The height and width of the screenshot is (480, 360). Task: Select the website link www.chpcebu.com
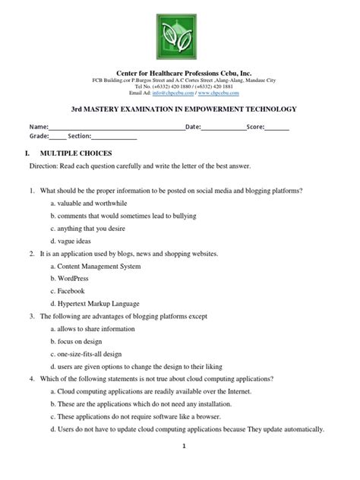click(216, 93)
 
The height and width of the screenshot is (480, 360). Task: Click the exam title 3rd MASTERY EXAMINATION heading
click(179, 109)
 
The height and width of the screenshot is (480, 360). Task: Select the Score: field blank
click(277, 128)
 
